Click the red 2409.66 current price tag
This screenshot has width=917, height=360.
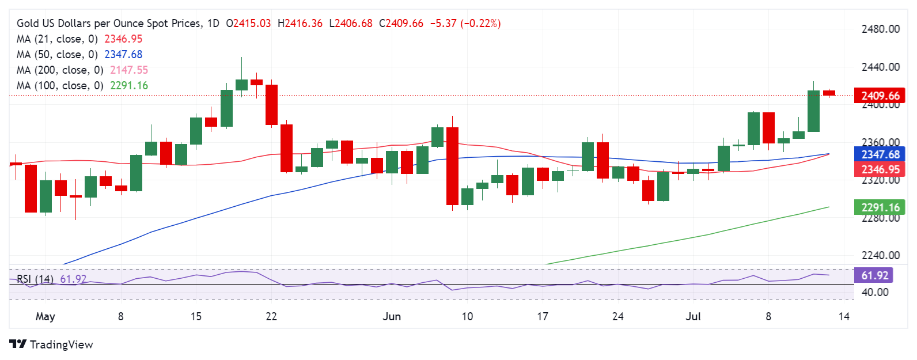tap(880, 96)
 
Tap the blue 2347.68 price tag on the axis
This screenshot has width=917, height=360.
tap(880, 154)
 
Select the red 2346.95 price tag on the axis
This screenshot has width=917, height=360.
tap(880, 169)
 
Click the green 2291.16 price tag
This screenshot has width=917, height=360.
tap(880, 207)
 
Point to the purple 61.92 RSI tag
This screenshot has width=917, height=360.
tap(874, 275)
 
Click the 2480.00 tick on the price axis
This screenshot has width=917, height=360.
tap(880, 29)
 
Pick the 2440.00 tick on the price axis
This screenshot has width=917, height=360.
tap(880, 67)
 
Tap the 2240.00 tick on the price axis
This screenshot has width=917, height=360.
tap(880, 255)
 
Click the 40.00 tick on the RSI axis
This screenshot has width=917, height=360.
tap(874, 292)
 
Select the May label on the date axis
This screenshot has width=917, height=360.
tap(45, 316)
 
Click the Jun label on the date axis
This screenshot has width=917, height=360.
tap(392, 316)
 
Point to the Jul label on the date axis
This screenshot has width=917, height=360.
tap(693, 316)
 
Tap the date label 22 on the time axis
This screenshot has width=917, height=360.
tap(271, 316)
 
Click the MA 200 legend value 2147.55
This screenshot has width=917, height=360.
tap(129, 70)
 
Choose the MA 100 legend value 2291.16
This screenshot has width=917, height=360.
tap(129, 85)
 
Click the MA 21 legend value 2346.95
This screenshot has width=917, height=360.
tap(123, 39)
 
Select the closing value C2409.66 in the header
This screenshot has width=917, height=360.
tap(401, 24)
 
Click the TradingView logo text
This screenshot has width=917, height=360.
tap(61, 344)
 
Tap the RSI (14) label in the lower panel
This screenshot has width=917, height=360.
tap(35, 279)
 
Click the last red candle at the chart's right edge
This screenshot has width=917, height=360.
tap(829, 93)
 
